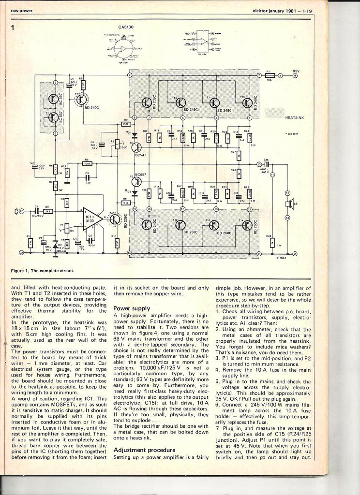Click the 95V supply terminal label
pos(296,71)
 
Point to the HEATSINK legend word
pos(294,117)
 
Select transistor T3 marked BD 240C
pos(81,99)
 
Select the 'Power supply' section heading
pos(131,308)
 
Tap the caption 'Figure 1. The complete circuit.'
pos(43,271)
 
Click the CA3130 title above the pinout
pos(126,28)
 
